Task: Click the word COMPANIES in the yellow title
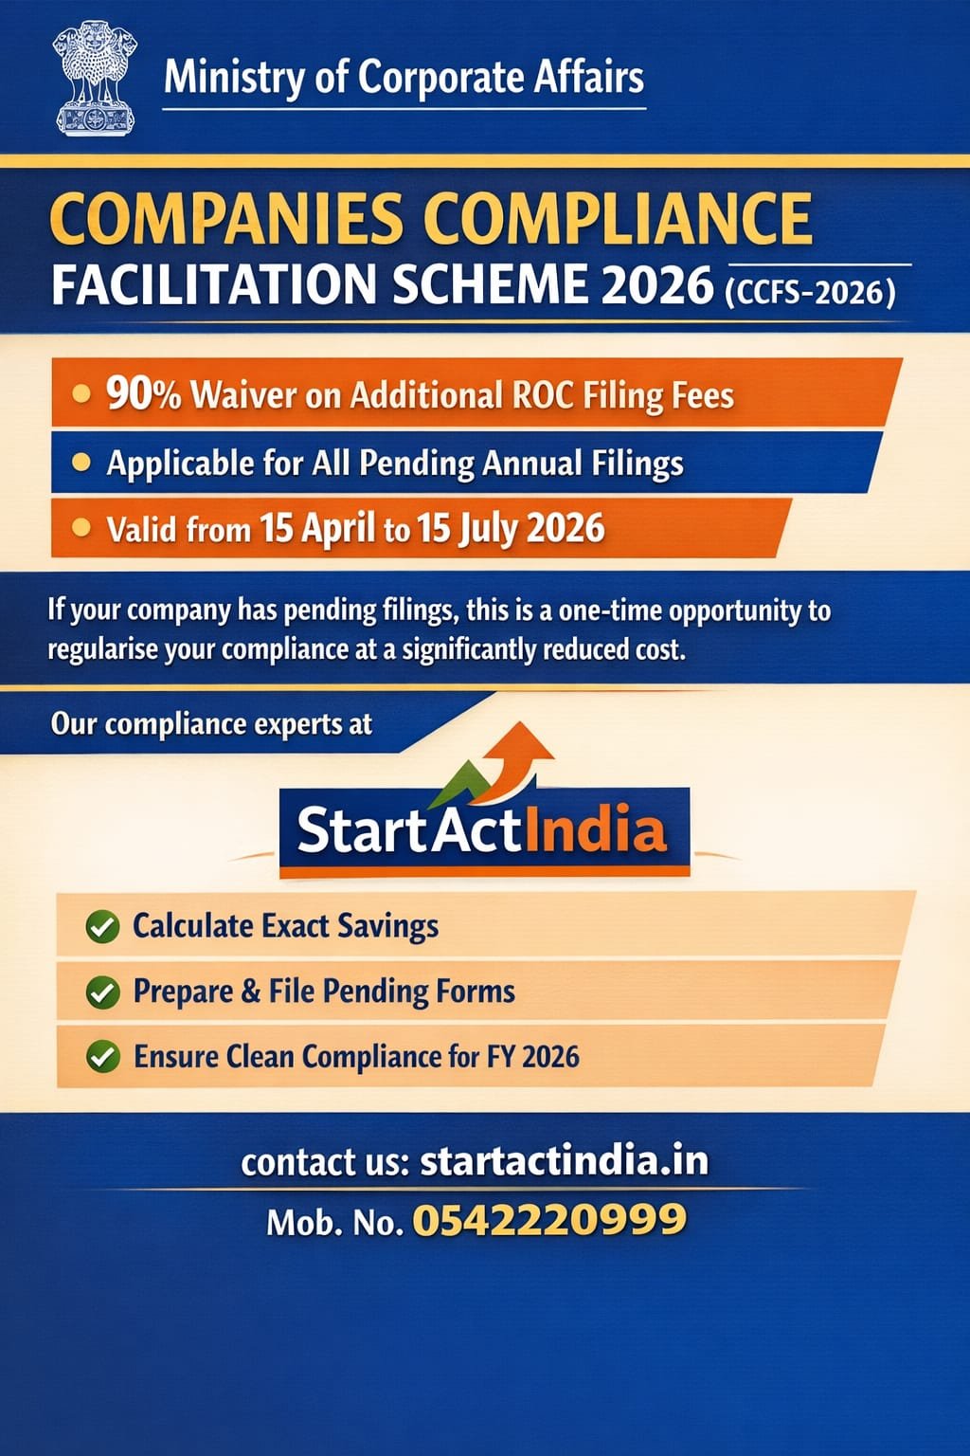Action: tap(226, 219)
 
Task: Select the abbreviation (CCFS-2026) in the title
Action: tap(810, 291)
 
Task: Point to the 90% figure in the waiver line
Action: tap(143, 393)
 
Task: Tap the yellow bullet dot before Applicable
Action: tap(82, 463)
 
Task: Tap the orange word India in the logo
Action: tap(595, 830)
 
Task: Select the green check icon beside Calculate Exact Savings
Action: tap(102, 926)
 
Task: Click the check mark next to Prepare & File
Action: tap(102, 992)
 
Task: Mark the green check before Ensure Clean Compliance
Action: tap(102, 1056)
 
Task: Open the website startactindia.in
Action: tap(564, 1161)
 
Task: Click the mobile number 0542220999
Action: tap(549, 1220)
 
